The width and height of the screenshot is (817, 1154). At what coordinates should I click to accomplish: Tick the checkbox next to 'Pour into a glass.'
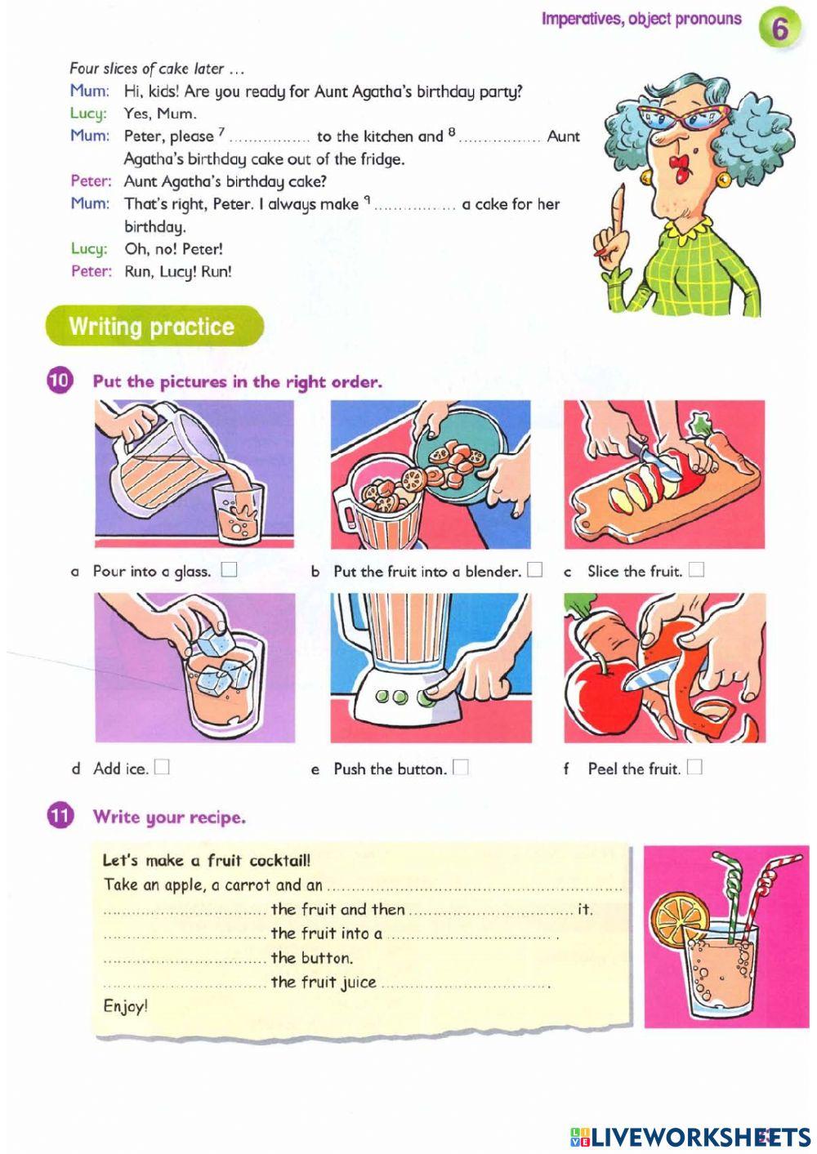pos(229,569)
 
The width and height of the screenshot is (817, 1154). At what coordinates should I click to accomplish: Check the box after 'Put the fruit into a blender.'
pos(534,569)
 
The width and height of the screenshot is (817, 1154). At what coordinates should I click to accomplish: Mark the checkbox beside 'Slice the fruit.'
pos(696,569)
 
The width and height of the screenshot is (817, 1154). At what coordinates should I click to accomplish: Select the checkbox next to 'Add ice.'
pos(162,767)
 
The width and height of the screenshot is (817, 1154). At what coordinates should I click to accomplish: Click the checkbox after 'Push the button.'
pos(461,767)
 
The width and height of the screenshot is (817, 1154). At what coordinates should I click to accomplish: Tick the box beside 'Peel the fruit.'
pos(694,767)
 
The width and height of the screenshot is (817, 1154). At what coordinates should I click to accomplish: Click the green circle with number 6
pos(779,29)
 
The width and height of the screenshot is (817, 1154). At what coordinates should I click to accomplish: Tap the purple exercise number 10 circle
pos(60,381)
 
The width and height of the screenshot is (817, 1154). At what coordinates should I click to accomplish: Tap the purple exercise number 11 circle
pos(60,816)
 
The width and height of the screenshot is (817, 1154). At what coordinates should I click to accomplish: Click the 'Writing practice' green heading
pos(152,327)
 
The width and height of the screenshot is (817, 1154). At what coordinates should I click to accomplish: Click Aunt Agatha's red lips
pos(677,171)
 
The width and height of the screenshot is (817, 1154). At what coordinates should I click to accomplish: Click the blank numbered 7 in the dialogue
pos(269,138)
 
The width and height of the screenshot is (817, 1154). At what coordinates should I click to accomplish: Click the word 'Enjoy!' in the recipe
pos(126,1006)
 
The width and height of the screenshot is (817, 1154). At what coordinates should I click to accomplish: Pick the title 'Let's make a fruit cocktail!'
pos(206,860)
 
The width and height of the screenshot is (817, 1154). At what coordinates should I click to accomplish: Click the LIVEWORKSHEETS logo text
pos(690,1136)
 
